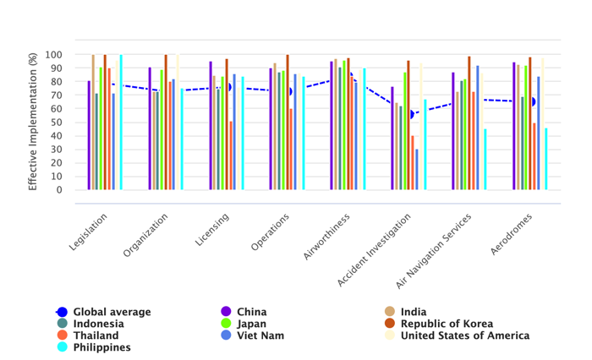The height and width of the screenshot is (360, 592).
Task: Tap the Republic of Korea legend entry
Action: point(446,324)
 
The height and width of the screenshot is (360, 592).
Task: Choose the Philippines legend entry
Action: point(101,347)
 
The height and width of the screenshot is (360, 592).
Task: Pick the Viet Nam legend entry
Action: point(260,335)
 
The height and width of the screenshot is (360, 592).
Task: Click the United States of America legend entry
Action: point(465,335)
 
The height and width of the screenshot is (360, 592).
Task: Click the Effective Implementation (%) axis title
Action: point(33,122)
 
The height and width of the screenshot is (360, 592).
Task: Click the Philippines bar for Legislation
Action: point(121,123)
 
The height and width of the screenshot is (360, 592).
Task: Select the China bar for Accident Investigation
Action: point(392,139)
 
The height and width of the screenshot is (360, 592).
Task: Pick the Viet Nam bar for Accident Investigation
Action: point(417,169)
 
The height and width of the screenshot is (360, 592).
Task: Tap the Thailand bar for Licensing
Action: point(230,155)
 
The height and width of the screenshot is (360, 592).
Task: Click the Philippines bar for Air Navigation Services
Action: point(485,159)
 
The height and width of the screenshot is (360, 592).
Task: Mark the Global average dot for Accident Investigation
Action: point(411,114)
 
